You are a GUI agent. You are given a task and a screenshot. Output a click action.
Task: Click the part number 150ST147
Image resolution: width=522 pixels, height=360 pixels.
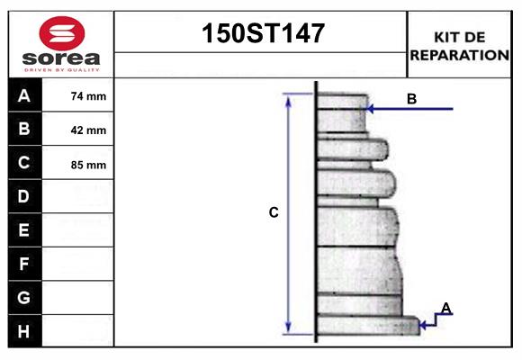pos(261,34)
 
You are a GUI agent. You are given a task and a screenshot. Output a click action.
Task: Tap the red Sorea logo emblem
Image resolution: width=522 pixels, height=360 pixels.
pos(61,32)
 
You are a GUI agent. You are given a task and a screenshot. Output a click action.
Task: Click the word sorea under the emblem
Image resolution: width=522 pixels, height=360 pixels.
pos(61,58)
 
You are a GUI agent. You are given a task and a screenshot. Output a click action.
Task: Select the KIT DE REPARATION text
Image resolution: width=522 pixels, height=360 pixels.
pos(459,45)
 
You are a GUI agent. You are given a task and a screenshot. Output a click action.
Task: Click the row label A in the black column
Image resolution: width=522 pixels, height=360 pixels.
pos(24,95)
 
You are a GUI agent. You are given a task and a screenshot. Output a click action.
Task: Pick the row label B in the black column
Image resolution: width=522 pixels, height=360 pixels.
pos(24,130)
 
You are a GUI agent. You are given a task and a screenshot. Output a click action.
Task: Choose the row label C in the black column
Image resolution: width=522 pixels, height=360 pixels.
pos(24,163)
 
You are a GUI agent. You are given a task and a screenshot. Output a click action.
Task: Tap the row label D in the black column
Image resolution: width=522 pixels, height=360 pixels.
pos(24,196)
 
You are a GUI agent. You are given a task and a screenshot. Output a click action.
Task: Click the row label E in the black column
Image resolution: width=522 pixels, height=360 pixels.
pos(24,230)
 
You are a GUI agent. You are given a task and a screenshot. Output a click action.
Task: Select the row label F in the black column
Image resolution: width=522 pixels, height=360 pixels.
pos(24,264)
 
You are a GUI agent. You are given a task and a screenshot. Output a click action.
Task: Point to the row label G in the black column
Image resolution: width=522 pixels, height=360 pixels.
pos(24,297)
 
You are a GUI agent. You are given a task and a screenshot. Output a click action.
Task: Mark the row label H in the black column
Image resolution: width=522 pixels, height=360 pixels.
pos(24,331)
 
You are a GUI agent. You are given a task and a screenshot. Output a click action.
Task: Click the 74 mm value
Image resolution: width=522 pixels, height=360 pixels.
pos(88,96)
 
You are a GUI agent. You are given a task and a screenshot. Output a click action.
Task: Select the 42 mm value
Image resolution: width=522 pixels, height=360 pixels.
pos(88,130)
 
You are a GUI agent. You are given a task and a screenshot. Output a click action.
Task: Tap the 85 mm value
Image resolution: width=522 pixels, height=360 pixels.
pos(88,165)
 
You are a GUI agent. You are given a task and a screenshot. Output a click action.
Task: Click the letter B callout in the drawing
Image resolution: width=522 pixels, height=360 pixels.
pos(411,99)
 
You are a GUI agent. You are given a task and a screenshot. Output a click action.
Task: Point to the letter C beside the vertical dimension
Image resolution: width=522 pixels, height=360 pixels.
pos(274,213)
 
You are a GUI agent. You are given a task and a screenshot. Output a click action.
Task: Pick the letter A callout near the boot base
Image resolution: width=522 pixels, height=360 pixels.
pos(445,309)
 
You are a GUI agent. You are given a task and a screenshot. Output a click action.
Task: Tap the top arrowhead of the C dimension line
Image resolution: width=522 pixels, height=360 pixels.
pos(288,98)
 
